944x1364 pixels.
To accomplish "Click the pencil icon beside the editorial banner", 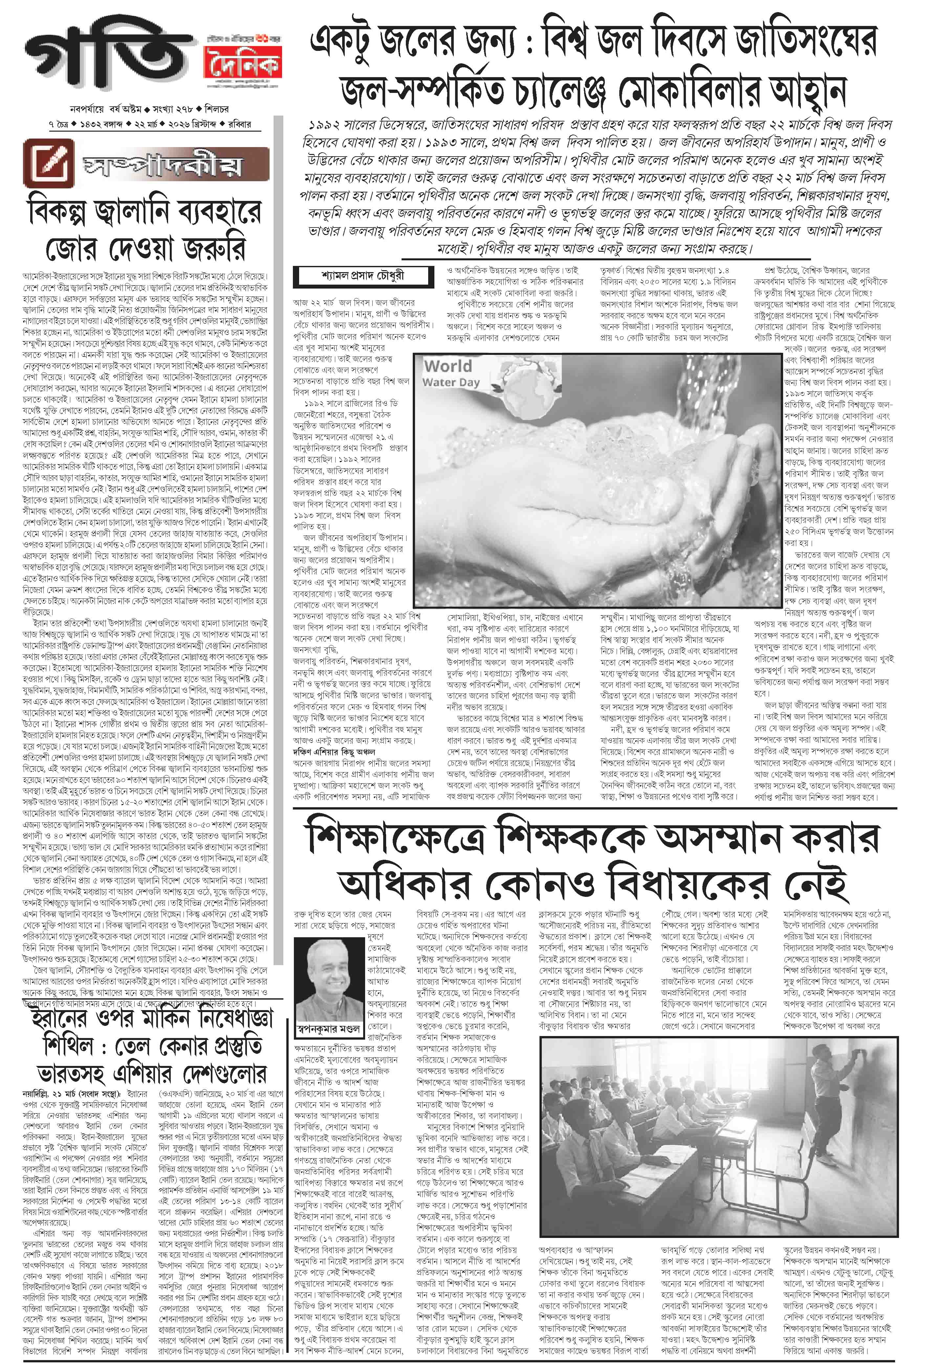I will click(49, 162).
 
